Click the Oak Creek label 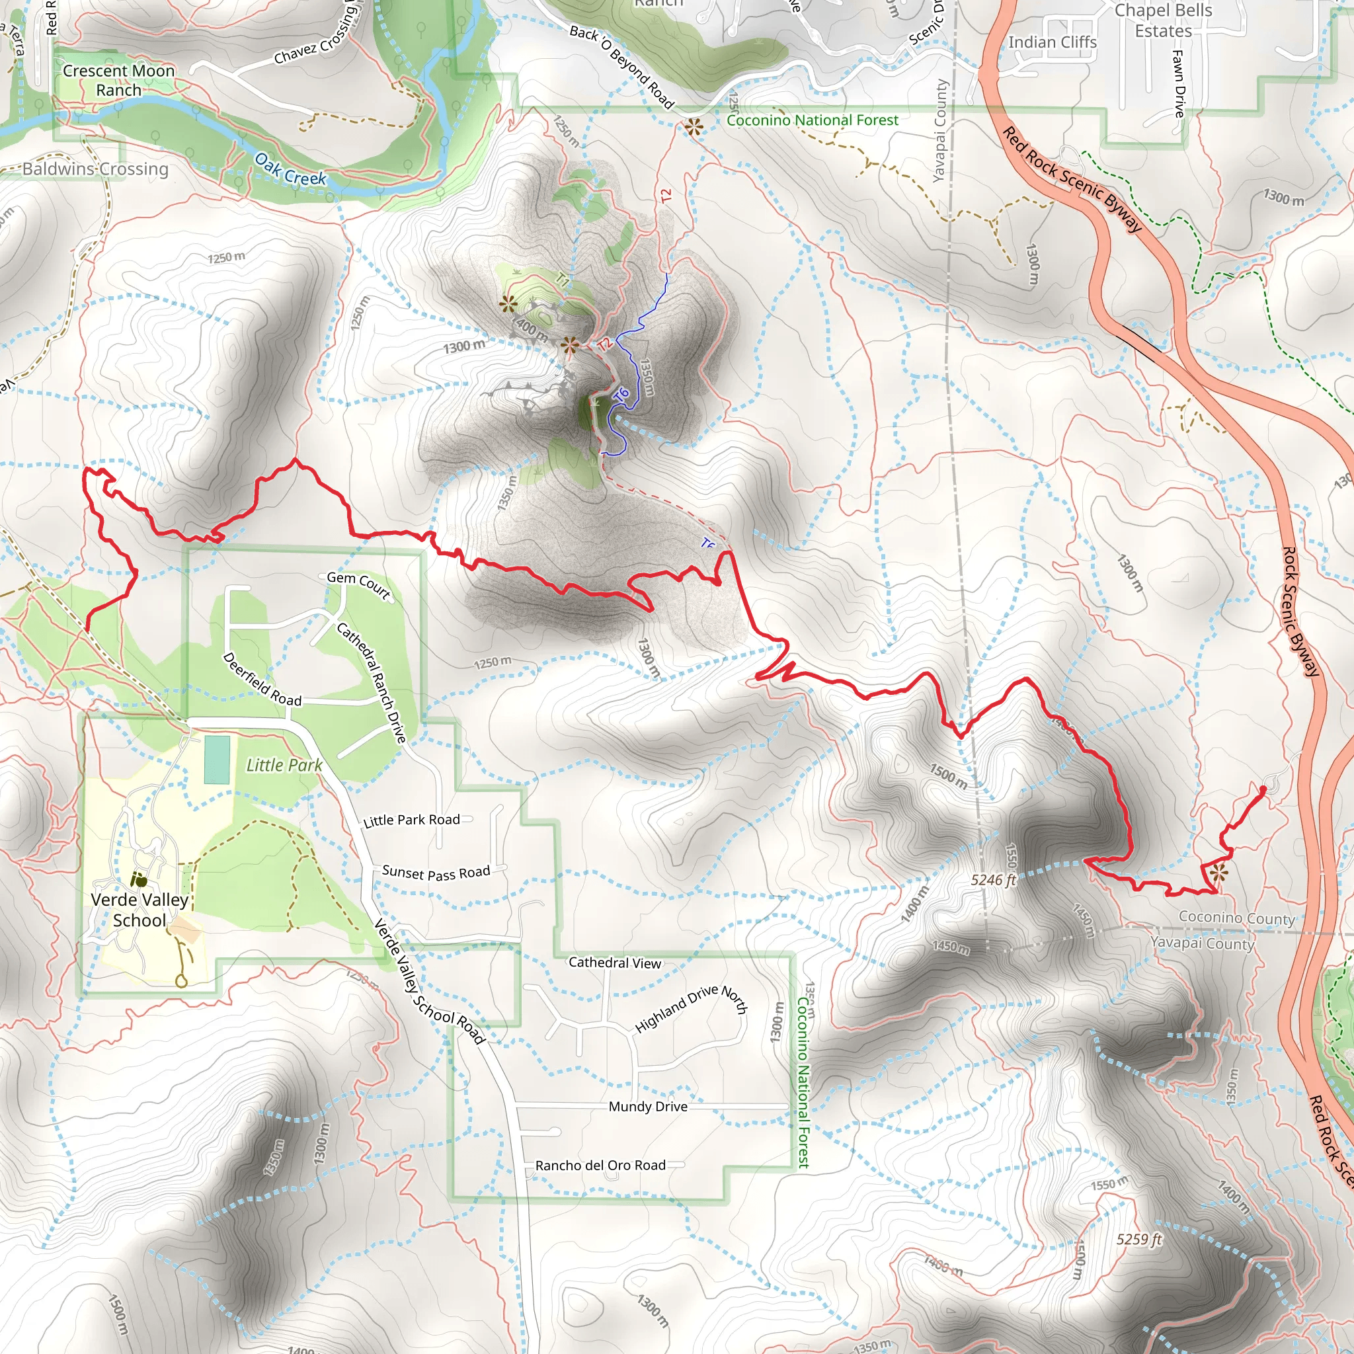click(x=290, y=169)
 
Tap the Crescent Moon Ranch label click(x=118, y=80)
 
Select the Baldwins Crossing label click(x=95, y=169)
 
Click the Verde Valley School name click(x=139, y=910)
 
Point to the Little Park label click(x=284, y=766)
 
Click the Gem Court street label click(x=358, y=584)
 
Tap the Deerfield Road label click(x=261, y=679)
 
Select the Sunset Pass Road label click(x=436, y=873)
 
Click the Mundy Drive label click(x=647, y=1107)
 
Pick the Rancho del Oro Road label click(x=600, y=1166)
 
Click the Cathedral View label click(x=615, y=963)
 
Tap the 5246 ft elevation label click(x=993, y=879)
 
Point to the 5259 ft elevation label click(x=1139, y=1239)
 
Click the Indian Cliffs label click(x=1052, y=42)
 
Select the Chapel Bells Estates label click(x=1164, y=20)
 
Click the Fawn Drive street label click(x=1179, y=83)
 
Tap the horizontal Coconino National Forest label click(x=813, y=120)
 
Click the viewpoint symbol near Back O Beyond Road click(x=693, y=127)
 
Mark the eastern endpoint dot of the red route click(x=1263, y=789)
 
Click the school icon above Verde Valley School click(x=139, y=879)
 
